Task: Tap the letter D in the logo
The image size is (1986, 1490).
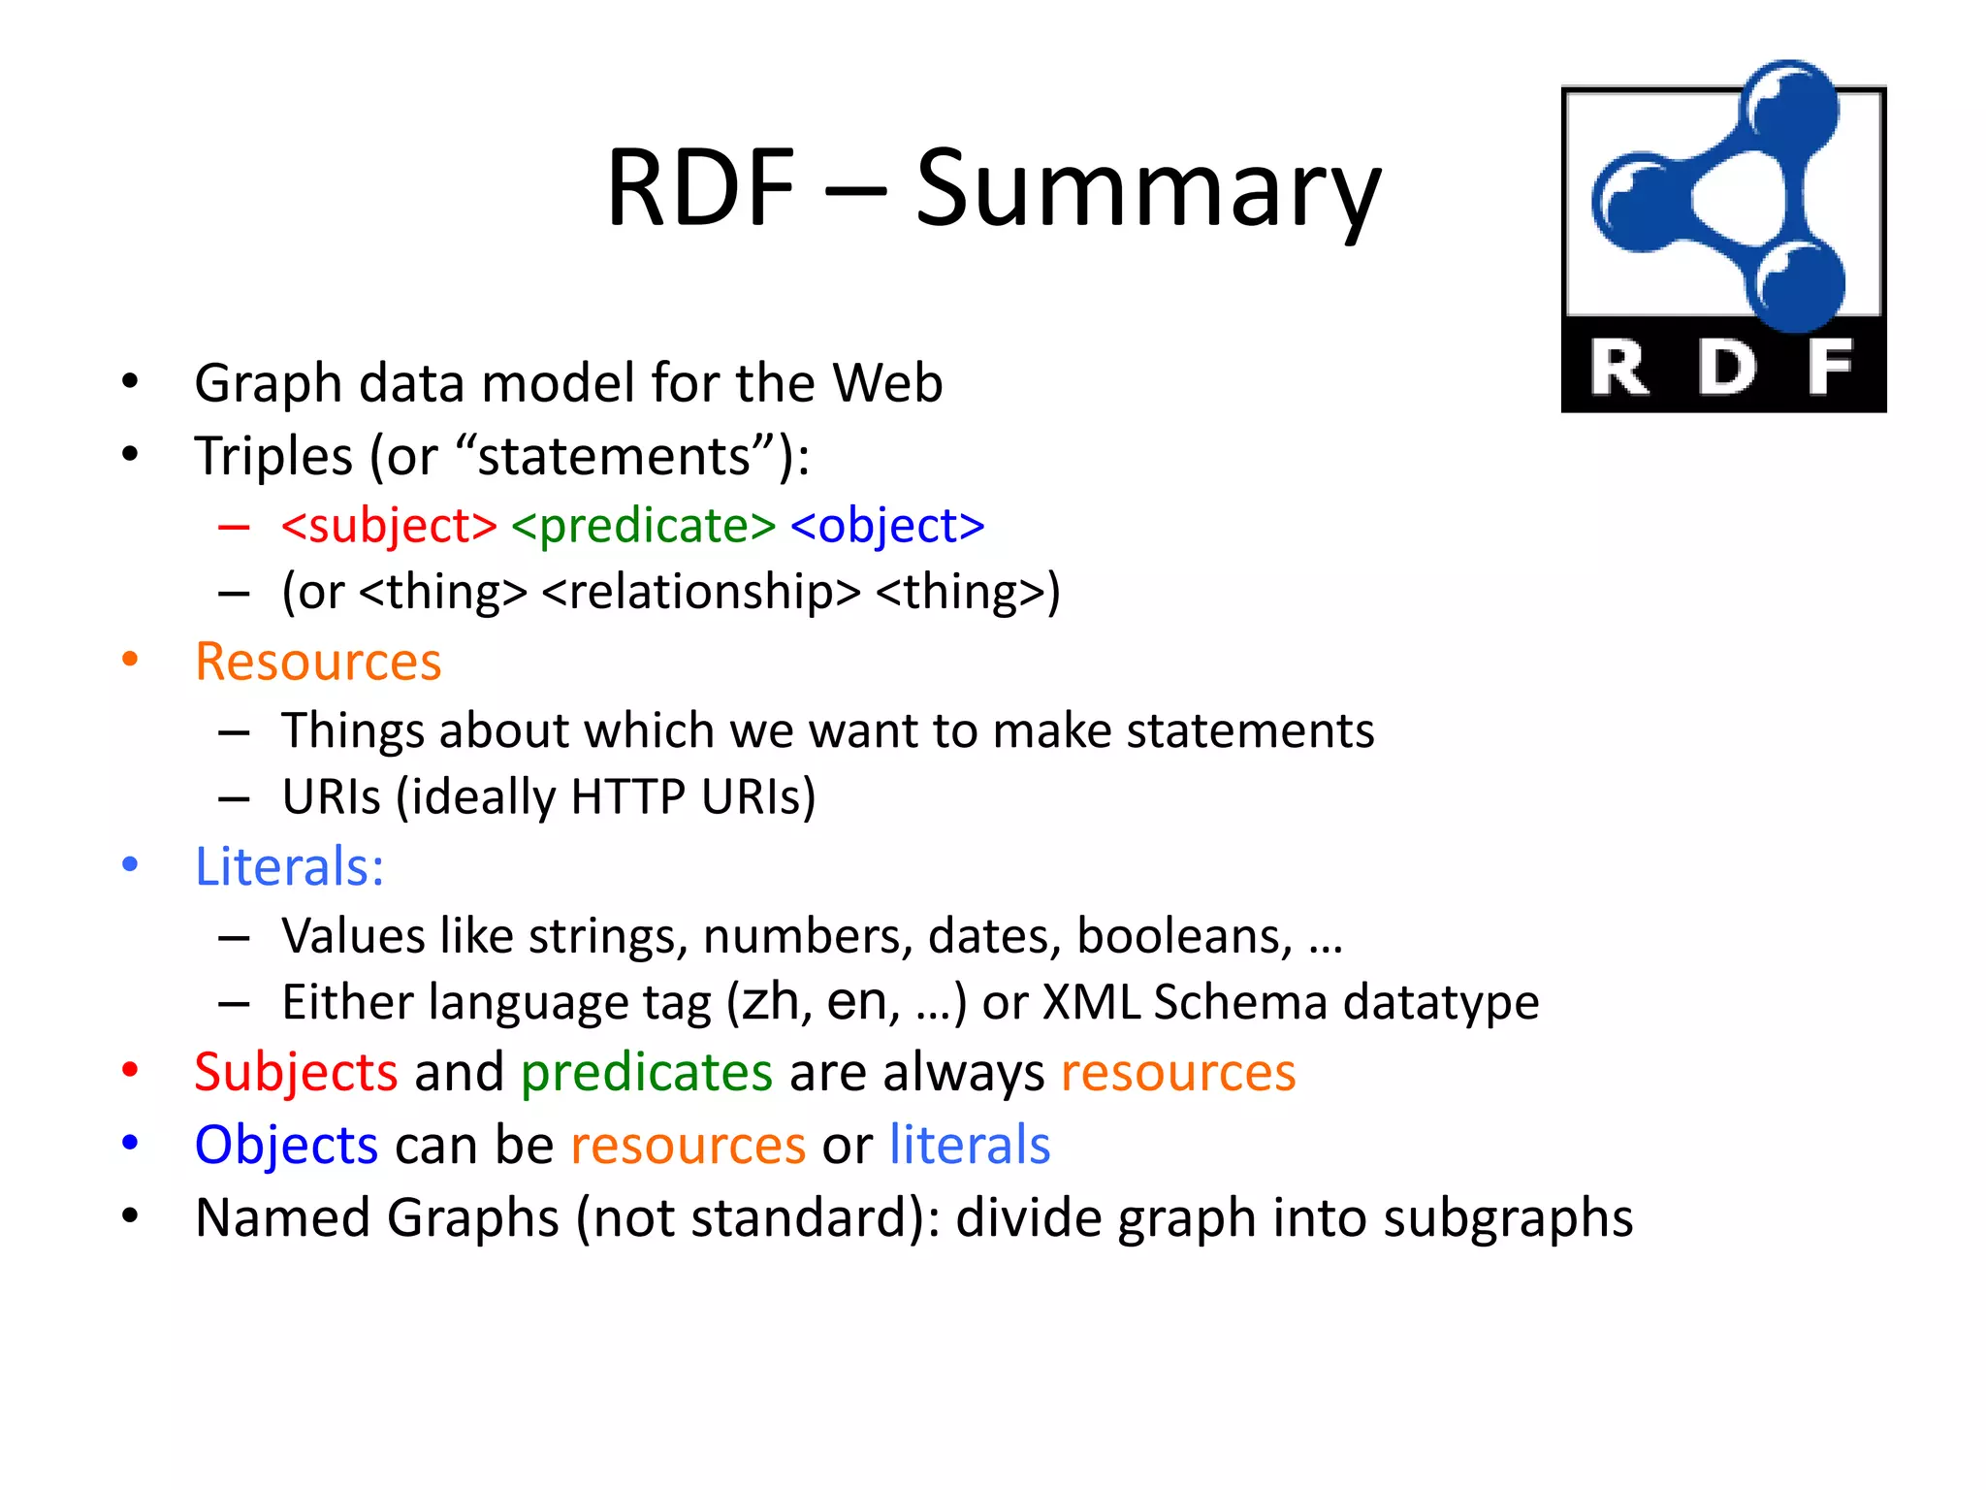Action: point(1726,368)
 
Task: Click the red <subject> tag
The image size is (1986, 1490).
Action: point(389,526)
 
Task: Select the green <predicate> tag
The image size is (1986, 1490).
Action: point(643,526)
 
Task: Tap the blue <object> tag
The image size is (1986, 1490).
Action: point(887,526)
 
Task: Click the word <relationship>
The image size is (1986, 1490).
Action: point(701,592)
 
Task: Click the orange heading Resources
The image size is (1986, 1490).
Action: point(318,662)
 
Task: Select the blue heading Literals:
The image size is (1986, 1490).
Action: point(290,866)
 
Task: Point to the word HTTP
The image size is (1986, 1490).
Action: point(627,797)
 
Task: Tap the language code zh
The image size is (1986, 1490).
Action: point(770,1002)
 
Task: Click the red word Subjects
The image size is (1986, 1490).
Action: point(296,1073)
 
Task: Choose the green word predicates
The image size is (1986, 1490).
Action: point(647,1073)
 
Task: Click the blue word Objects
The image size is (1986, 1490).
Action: point(286,1145)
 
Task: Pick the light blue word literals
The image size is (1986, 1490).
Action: point(970,1145)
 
